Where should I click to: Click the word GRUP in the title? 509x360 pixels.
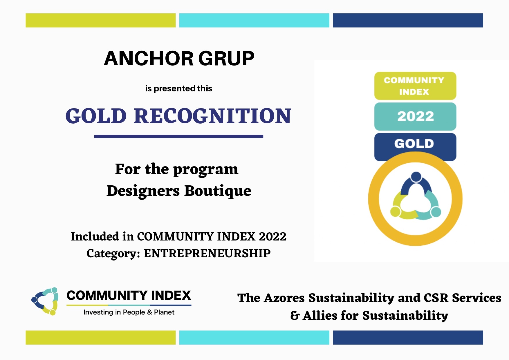[x=226, y=59]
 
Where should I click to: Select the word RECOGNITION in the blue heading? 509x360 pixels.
[x=212, y=116]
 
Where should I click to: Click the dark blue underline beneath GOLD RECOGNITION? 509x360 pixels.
[x=179, y=136]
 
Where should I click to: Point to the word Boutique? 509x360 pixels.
[x=218, y=191]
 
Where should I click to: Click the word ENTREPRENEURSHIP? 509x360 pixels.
[x=207, y=253]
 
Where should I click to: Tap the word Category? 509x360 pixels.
[x=113, y=254]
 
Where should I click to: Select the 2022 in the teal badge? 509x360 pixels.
[x=416, y=116]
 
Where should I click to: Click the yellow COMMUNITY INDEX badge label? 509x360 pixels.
[x=415, y=86]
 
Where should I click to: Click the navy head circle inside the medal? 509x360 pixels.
[x=416, y=177]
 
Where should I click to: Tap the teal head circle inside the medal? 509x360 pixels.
[x=436, y=212]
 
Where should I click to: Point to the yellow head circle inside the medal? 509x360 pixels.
[x=395, y=211]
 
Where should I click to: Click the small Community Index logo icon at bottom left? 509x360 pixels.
[x=45, y=301]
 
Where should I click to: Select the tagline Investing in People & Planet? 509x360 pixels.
[x=129, y=312]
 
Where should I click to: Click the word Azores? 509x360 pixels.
[x=284, y=298]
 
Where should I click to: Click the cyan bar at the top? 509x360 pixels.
[x=254, y=20]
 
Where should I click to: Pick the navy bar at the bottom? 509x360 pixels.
[x=408, y=337]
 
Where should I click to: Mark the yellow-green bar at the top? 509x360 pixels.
[x=101, y=20]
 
